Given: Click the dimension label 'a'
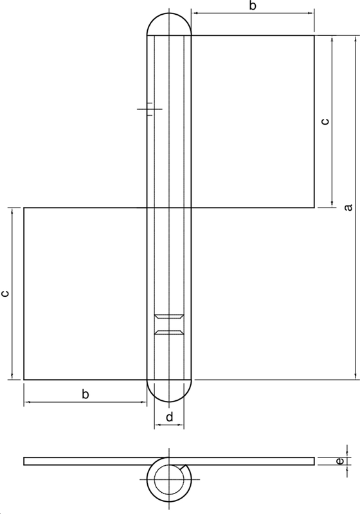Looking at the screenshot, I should click(x=348, y=207).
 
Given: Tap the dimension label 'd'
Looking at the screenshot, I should click(x=169, y=418).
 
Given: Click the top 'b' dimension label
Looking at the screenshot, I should click(x=253, y=6).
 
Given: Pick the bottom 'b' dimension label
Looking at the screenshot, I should click(x=85, y=394).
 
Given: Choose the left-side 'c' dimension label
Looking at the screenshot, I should click(x=5, y=294).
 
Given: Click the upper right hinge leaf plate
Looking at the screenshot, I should click(x=254, y=121).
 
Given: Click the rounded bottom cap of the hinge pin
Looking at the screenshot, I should click(x=170, y=391).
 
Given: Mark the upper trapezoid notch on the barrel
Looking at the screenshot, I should click(x=170, y=317).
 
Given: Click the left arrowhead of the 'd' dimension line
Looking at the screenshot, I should click(x=156, y=427).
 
